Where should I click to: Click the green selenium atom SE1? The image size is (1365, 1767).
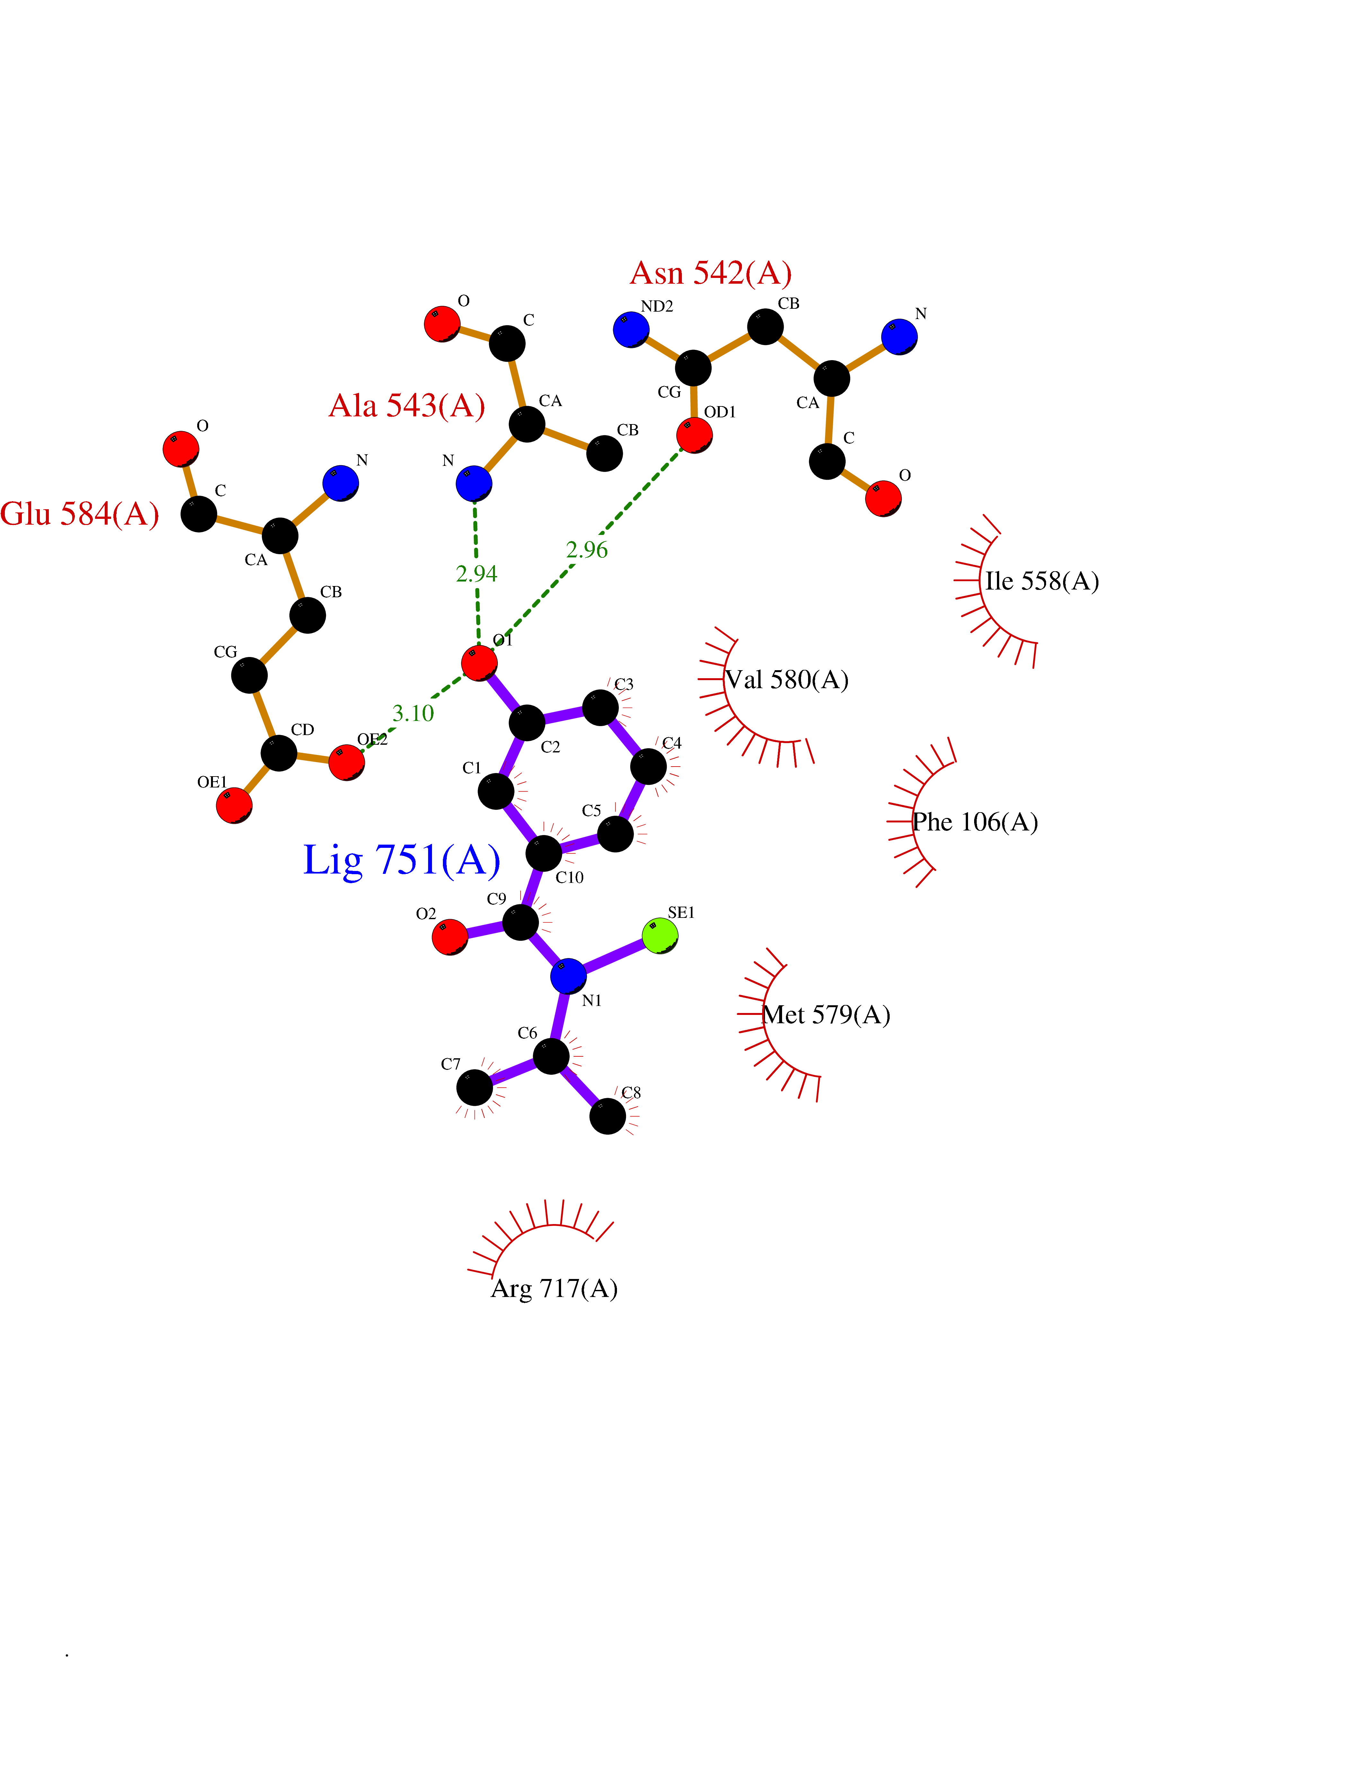(x=660, y=936)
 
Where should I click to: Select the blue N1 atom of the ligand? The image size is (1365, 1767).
(x=568, y=977)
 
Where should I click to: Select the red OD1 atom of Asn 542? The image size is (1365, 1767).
(x=695, y=435)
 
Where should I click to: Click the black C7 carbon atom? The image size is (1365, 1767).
(x=475, y=1088)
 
